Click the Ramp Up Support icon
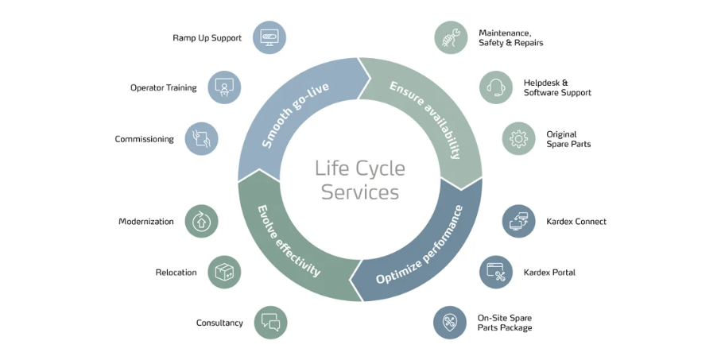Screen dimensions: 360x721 point(269,37)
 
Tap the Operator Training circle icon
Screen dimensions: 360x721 point(224,87)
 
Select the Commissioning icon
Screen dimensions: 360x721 point(201,138)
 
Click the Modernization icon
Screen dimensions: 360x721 point(201,221)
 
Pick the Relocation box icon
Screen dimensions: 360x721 point(224,272)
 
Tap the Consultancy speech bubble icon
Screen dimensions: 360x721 point(270,323)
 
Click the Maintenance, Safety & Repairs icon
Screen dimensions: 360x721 point(451,37)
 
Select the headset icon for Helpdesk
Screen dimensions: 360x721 point(496,87)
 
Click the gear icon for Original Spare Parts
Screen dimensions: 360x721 point(518,138)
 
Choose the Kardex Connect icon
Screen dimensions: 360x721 point(518,221)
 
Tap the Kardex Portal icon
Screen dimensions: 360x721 point(496,272)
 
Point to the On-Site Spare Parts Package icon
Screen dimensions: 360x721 point(450,323)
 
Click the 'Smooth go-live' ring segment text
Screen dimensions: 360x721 point(296,115)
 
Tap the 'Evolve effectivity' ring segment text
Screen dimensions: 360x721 point(289,241)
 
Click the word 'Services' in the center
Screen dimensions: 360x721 point(360,192)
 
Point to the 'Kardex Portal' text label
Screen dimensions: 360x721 point(549,273)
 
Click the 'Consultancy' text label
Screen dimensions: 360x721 point(219,323)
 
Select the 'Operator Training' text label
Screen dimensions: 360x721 point(163,87)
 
